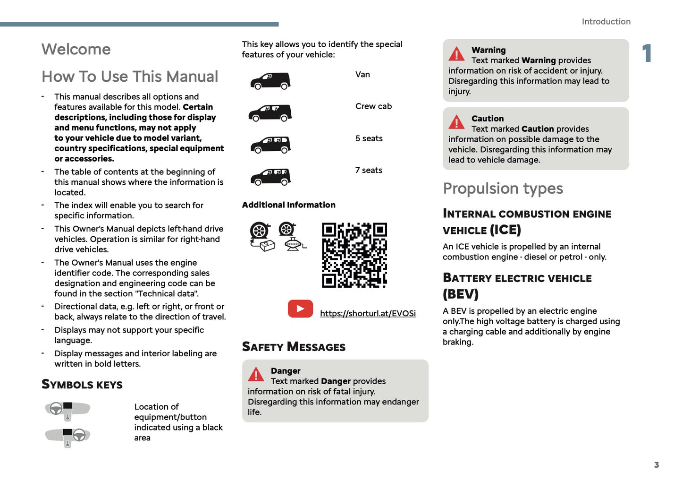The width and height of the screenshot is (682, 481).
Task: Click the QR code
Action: [x=354, y=255]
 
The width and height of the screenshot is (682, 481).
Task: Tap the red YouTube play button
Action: [x=300, y=309]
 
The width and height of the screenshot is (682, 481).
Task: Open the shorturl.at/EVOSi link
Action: [x=368, y=313]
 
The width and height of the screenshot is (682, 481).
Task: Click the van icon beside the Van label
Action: [x=270, y=81]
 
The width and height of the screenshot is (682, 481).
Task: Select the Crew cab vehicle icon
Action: [x=270, y=113]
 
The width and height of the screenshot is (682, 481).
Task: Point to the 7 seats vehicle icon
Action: [x=270, y=177]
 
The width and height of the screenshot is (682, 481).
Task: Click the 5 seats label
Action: [x=369, y=138]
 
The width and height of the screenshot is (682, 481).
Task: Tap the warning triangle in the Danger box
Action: [x=256, y=375]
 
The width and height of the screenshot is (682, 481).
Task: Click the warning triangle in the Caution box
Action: [x=456, y=122]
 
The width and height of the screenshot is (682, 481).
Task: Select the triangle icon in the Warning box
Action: [x=456, y=54]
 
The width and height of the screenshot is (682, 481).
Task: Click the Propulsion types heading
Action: [x=503, y=189]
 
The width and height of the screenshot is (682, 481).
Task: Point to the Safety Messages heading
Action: [x=294, y=347]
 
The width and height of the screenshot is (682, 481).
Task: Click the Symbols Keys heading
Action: [x=82, y=385]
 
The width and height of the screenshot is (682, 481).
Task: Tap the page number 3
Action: [x=656, y=465]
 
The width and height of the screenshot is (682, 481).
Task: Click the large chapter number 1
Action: [x=647, y=53]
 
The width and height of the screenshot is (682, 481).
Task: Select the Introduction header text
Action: [x=606, y=22]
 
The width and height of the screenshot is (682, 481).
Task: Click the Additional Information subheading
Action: [x=288, y=205]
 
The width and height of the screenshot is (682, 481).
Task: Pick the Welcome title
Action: [x=76, y=49]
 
